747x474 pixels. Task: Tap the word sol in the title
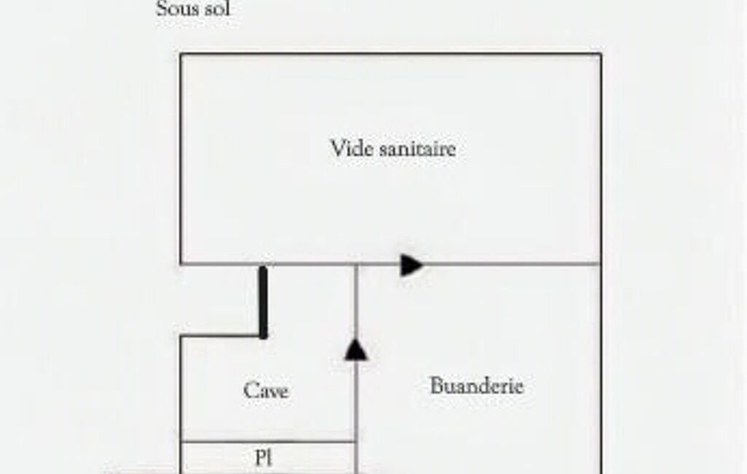(x=217, y=9)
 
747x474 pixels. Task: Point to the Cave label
(x=266, y=391)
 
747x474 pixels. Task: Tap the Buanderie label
(x=477, y=386)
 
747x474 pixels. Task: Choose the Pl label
(x=263, y=458)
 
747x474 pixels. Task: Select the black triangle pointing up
(x=356, y=349)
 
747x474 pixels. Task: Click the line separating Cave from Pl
(x=268, y=442)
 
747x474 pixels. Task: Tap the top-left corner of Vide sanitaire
(x=181, y=54)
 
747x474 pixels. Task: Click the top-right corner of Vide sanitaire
(x=601, y=54)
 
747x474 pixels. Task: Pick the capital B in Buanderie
(x=437, y=386)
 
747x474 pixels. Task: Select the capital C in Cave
(x=251, y=391)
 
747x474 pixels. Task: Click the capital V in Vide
(x=337, y=148)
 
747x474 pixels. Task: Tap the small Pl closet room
(x=268, y=458)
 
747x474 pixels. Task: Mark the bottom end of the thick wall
(x=263, y=338)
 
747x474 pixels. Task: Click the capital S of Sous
(x=162, y=9)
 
